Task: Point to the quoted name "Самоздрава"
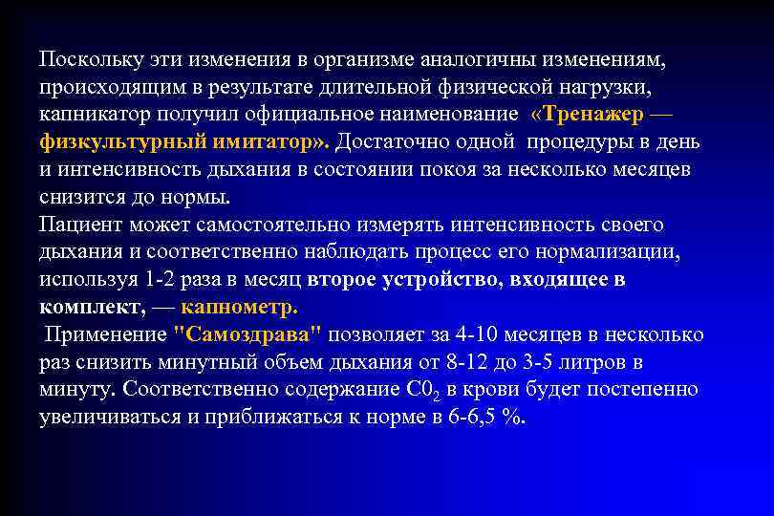point(248,335)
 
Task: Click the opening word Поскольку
point(90,59)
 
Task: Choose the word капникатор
point(96,115)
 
